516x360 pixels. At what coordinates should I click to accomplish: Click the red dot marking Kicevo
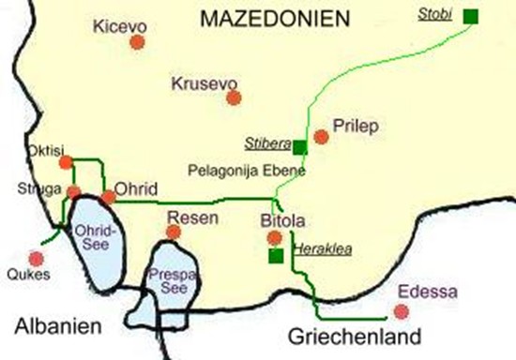[x=138, y=42]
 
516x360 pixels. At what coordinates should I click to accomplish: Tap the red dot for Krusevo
[x=234, y=97]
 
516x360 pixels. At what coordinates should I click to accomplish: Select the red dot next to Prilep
[x=322, y=137]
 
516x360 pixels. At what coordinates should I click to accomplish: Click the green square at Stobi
[x=470, y=15]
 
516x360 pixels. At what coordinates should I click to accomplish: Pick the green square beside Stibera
[x=298, y=147]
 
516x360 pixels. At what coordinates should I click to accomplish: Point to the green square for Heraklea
[x=276, y=255]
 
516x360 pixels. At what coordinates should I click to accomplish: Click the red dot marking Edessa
[x=402, y=311]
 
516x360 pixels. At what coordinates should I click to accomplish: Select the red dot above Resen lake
[x=173, y=232]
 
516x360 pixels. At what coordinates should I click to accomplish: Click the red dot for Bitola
[x=273, y=235]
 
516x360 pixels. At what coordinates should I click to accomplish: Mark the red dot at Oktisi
[x=66, y=163]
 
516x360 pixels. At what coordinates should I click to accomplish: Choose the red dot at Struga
[x=73, y=192]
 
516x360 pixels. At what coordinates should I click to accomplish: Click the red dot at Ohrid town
[x=109, y=197]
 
